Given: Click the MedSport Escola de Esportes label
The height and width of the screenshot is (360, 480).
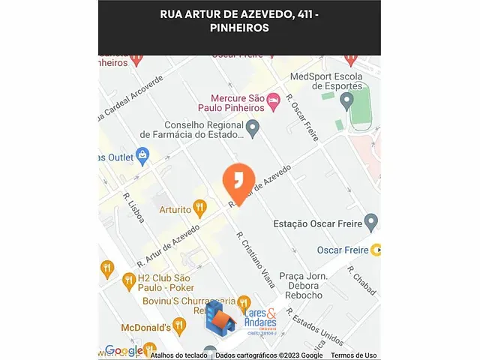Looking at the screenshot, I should tap(326, 80).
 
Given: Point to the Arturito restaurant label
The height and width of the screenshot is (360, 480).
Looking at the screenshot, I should tap(175, 210).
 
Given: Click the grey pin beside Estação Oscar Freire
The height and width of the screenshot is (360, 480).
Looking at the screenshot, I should tap(370, 222).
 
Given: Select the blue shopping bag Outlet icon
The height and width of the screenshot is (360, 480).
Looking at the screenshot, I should tap(142, 156).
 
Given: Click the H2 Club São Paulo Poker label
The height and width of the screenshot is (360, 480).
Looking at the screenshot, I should tap(166, 283).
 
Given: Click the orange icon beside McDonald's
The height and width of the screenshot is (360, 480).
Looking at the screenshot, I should tap(178, 325).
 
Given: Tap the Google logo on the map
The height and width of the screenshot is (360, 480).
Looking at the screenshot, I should tap(124, 351).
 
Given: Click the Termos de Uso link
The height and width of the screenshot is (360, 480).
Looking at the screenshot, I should tap(353, 355).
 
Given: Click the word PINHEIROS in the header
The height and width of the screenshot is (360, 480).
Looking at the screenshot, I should tap(239, 28).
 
